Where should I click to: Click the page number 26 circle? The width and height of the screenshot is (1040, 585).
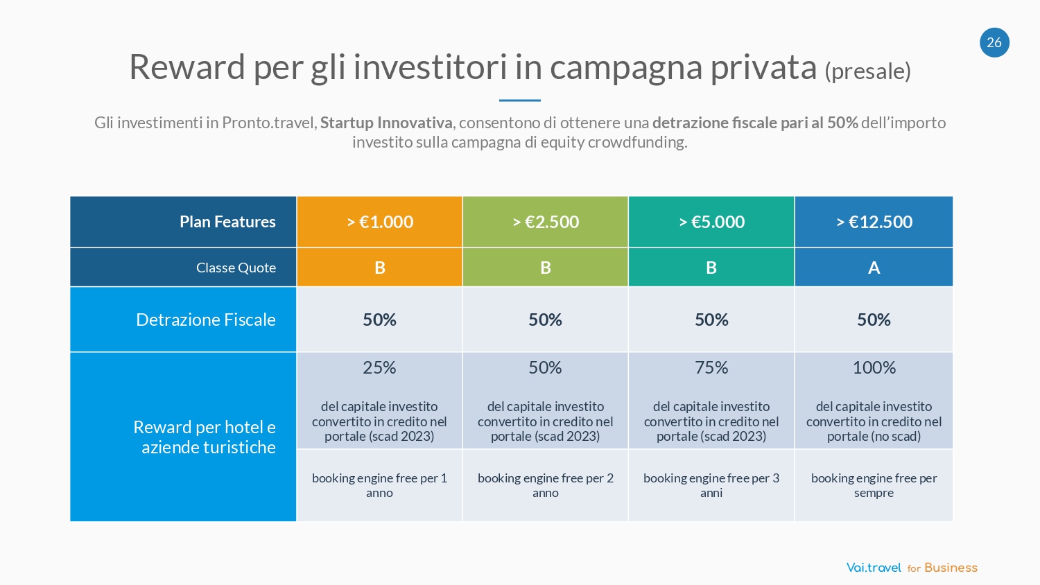994,42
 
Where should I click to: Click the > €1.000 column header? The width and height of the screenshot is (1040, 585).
379,222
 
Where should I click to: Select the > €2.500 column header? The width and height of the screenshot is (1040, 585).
546,222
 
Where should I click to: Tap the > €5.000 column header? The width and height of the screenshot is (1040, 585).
711,222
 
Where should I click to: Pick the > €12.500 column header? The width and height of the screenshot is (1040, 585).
874,222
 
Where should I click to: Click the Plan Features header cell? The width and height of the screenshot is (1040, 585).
227,222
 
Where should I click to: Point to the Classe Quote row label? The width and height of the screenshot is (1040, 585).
236,268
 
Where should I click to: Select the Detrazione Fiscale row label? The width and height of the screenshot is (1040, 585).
206,320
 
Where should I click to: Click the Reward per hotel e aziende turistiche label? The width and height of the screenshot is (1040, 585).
205,437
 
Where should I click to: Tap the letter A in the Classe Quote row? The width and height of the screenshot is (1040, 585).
874,268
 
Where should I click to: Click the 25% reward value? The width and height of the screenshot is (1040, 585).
379,367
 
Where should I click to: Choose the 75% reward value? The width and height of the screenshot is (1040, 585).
711,367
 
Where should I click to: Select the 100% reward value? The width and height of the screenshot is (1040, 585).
874,367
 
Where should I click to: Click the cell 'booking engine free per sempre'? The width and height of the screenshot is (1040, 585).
874,485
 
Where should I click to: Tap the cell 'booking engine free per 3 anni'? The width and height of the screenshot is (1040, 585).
711,485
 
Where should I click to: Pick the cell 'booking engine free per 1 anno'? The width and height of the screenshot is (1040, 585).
379,485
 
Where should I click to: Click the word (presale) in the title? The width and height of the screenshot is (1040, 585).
867,71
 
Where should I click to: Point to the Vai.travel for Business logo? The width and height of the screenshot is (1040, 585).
912,568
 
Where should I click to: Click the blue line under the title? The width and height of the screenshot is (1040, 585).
519,101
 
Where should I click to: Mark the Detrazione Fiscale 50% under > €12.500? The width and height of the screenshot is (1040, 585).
874,320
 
